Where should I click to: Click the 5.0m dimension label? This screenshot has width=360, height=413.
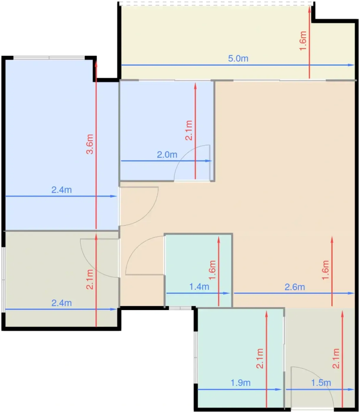(x=238, y=58)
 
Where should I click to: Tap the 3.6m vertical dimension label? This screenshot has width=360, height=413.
(x=90, y=144)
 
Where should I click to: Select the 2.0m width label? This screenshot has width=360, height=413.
(x=167, y=155)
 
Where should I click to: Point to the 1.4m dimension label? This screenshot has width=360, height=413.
(x=199, y=287)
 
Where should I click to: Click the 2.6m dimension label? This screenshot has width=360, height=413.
(x=294, y=287)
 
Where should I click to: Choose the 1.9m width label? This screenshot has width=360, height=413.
(x=240, y=383)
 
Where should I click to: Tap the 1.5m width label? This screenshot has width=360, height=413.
(x=321, y=383)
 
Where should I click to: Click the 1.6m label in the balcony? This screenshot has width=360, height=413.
(x=303, y=41)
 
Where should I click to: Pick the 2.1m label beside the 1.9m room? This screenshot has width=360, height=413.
(x=260, y=358)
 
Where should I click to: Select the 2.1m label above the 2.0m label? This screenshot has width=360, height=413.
(x=189, y=130)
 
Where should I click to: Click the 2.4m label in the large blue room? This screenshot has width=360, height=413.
(x=62, y=190)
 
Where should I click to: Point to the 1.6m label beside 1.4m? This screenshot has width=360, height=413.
(x=212, y=270)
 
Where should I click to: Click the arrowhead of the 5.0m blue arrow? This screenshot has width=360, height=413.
(x=352, y=65)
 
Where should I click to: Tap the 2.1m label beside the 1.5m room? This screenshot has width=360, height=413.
(x=336, y=358)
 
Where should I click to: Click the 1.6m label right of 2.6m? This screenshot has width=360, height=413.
(x=325, y=270)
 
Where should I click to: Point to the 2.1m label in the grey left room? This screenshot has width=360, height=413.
(x=90, y=280)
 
